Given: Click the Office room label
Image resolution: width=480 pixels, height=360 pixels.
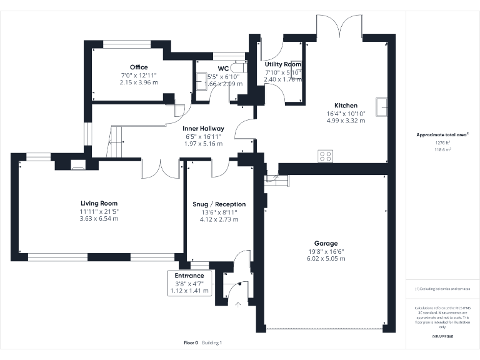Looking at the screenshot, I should pos(139,67).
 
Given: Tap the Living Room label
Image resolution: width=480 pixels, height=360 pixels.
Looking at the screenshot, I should pos(99,203).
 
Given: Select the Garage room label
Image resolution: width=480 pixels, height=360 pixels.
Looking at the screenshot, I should pos(326,243).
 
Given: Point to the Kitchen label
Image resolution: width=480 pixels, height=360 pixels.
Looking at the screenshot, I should pos(346,106).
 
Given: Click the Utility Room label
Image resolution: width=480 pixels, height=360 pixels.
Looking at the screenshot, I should pos(282,64).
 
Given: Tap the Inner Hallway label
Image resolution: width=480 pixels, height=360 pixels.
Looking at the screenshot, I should pos(204,128).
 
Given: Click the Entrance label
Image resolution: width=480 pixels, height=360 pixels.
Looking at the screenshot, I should pos(189,276).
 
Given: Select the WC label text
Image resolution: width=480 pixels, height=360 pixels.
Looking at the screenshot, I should pos(223,69).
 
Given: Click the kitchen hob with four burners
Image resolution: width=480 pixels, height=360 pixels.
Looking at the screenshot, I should pos(325,156).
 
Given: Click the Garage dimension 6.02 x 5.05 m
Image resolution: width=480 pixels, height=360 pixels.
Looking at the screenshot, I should pos(326,258).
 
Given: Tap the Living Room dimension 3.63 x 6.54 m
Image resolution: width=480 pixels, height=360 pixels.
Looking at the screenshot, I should pos(99,218).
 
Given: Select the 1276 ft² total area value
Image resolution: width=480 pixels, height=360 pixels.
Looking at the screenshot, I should pos(442,143).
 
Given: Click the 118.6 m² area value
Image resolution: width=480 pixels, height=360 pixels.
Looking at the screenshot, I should pos(442,150).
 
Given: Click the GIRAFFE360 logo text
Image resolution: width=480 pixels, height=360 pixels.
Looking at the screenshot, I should pos(442,337).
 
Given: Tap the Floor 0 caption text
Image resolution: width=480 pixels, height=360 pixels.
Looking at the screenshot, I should pos(191,342).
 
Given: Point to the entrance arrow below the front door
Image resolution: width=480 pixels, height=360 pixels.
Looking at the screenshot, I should pos(237,304).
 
